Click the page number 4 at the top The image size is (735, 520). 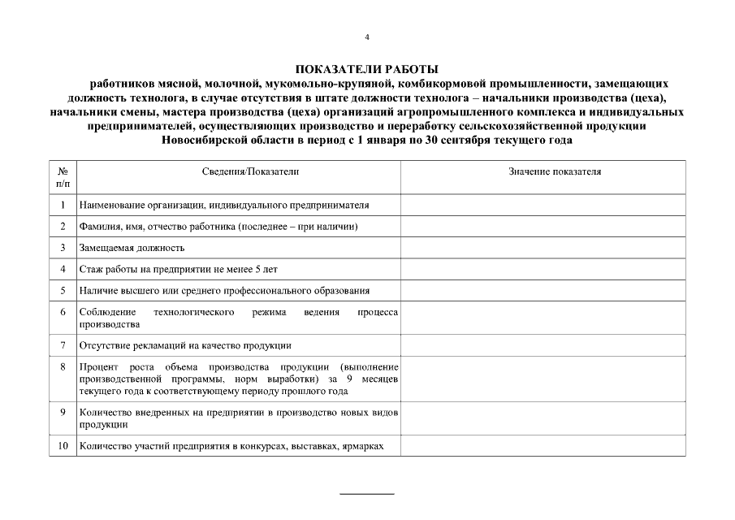(367, 37)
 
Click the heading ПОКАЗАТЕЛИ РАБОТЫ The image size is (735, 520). (366, 70)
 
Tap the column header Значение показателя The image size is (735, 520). (555, 172)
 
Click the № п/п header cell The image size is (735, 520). (63, 178)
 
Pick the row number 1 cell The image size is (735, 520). (63, 206)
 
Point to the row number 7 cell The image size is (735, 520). (63, 345)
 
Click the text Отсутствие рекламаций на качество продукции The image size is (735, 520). (184, 345)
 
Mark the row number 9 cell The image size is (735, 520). (63, 413)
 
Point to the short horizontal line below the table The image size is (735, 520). (366, 493)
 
